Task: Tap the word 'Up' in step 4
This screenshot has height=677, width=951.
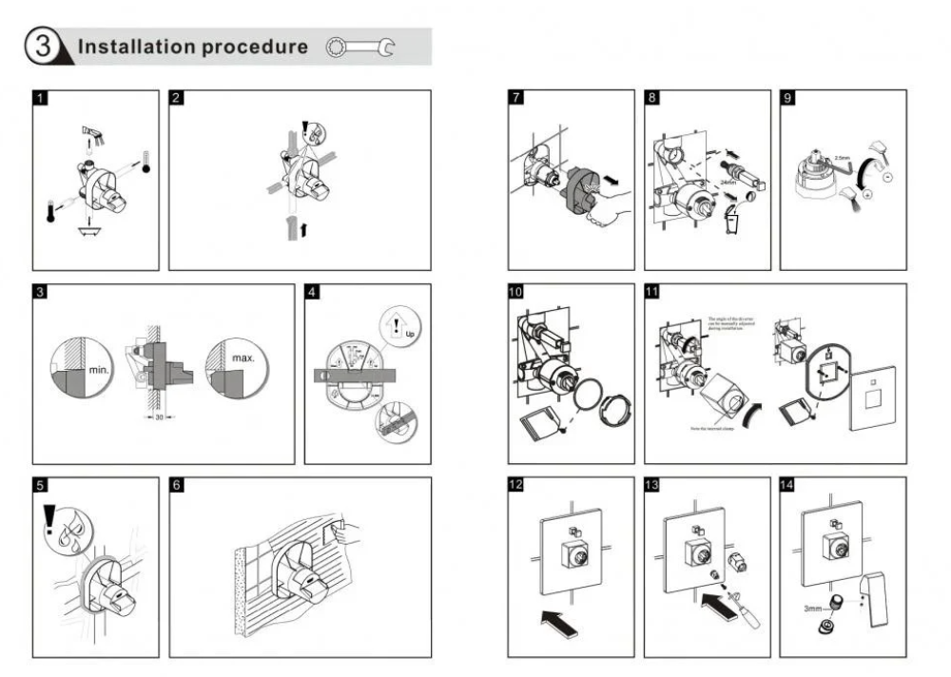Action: pyautogui.click(x=410, y=334)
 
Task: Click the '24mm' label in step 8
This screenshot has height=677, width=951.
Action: pyautogui.click(x=729, y=181)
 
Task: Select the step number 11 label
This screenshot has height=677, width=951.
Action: pyautogui.click(x=652, y=292)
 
